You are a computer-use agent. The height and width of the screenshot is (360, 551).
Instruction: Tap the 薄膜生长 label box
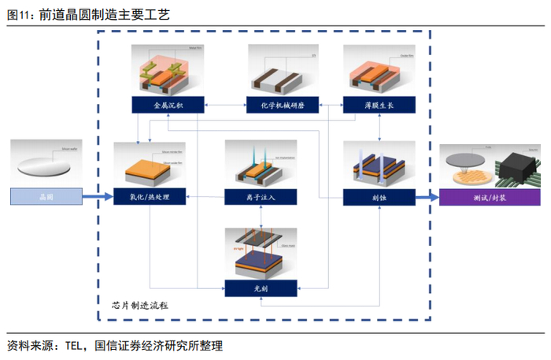coord(379,105)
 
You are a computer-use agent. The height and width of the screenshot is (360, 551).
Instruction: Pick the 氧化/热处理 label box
coord(150,196)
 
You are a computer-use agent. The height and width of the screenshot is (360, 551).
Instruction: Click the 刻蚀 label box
coord(379,196)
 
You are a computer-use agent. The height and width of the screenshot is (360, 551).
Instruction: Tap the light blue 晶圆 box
coord(46,196)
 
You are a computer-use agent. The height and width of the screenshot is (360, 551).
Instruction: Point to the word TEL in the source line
coord(75,345)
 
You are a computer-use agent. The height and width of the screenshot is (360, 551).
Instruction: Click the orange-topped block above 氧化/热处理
coord(150,164)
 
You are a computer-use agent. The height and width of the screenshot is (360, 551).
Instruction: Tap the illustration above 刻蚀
coord(379,164)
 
